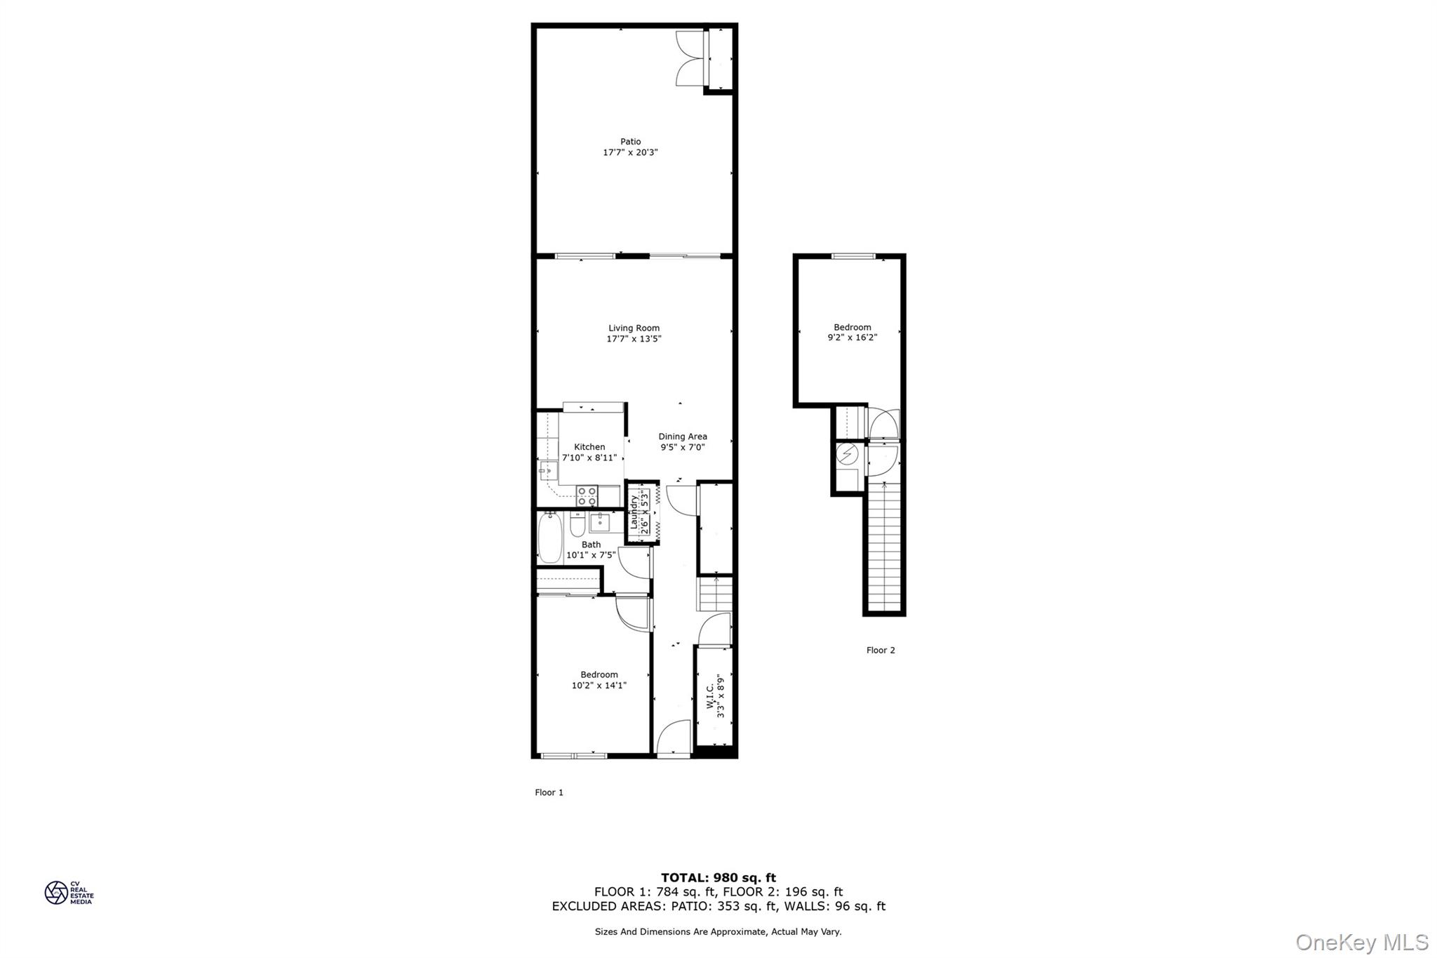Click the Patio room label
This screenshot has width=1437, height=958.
(630, 142)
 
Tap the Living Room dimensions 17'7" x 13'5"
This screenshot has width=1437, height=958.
(634, 339)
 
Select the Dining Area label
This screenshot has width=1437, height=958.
(682, 437)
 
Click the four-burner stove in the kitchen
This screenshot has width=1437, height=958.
(587, 495)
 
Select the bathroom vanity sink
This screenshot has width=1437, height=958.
(600, 521)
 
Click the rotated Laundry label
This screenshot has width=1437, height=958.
(634, 512)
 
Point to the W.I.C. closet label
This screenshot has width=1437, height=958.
(711, 696)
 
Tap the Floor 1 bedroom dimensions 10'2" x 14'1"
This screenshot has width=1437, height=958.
(599, 686)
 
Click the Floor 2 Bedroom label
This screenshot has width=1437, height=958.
(852, 327)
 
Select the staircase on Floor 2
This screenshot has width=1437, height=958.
(883, 547)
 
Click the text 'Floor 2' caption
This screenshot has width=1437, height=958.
(880, 650)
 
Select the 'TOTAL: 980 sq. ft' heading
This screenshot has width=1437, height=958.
(718, 877)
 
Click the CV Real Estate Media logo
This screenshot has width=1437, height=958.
(69, 893)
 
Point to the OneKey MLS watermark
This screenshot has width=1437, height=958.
(1361, 942)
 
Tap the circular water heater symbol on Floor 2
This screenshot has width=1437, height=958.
(848, 455)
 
